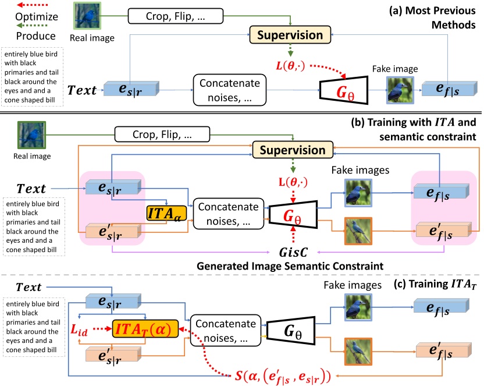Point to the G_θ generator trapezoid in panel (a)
click(x=343, y=90)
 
